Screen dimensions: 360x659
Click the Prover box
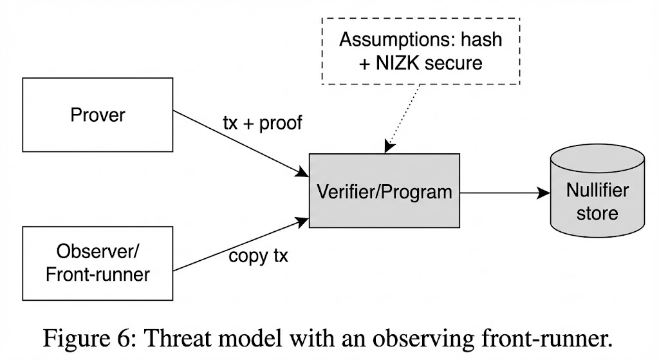(x=98, y=115)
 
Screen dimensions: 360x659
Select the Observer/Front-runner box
(x=98, y=263)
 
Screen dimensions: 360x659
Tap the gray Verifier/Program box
(x=384, y=192)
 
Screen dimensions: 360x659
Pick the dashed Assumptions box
(x=420, y=51)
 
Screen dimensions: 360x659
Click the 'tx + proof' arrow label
(x=263, y=122)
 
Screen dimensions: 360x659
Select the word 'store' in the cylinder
(x=597, y=213)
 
